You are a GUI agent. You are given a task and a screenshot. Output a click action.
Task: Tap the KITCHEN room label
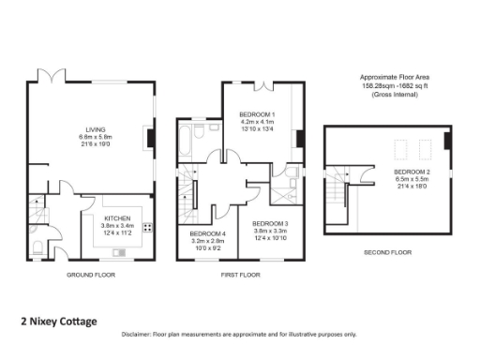tap(118, 217)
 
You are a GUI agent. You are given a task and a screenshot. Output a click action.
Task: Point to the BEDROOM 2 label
tap(412, 172)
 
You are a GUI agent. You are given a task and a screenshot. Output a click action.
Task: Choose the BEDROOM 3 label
tap(270, 223)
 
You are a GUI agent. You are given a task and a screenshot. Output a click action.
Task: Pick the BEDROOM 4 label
tap(207, 233)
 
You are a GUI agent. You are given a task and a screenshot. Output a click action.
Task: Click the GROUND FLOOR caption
tap(91, 276)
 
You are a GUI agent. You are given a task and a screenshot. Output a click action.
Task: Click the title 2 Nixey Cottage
tap(59, 322)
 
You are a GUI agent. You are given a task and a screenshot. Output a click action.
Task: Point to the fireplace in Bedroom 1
tap(299, 139)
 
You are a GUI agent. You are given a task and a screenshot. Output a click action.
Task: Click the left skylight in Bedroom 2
tap(398, 147)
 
